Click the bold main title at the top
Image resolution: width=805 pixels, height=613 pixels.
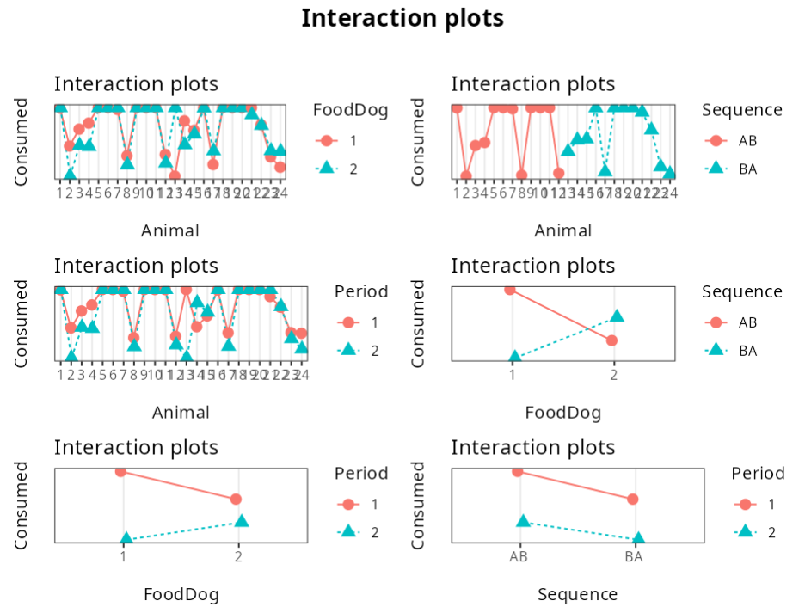[402, 18]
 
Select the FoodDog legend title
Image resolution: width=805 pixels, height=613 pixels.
[350, 109]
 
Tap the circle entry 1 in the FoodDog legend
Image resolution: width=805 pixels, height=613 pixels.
[324, 140]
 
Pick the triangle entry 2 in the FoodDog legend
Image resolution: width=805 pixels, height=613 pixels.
[324, 169]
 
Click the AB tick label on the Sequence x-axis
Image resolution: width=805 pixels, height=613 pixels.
[518, 557]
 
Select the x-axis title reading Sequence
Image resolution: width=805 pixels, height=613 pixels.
[577, 594]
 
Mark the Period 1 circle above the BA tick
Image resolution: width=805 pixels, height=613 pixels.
[633, 499]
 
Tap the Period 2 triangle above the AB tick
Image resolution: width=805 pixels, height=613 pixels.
[523, 521]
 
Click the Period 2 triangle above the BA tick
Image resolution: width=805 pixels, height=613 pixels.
[638, 538]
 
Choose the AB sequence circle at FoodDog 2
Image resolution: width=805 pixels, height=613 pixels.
[611, 340]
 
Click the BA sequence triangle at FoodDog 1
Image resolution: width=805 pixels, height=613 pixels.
[514, 356]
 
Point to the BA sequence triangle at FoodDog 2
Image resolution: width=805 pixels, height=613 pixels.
[617, 316]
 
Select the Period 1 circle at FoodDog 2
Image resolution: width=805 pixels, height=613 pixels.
[236, 499]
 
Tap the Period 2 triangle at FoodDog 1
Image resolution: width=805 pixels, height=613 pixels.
[126, 538]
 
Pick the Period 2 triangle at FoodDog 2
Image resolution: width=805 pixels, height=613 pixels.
[242, 521]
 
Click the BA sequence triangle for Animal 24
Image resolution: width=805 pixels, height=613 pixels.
[669, 173]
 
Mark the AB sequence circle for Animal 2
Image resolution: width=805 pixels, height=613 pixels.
[466, 175]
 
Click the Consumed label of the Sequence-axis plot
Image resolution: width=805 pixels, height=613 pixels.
[418, 505]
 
